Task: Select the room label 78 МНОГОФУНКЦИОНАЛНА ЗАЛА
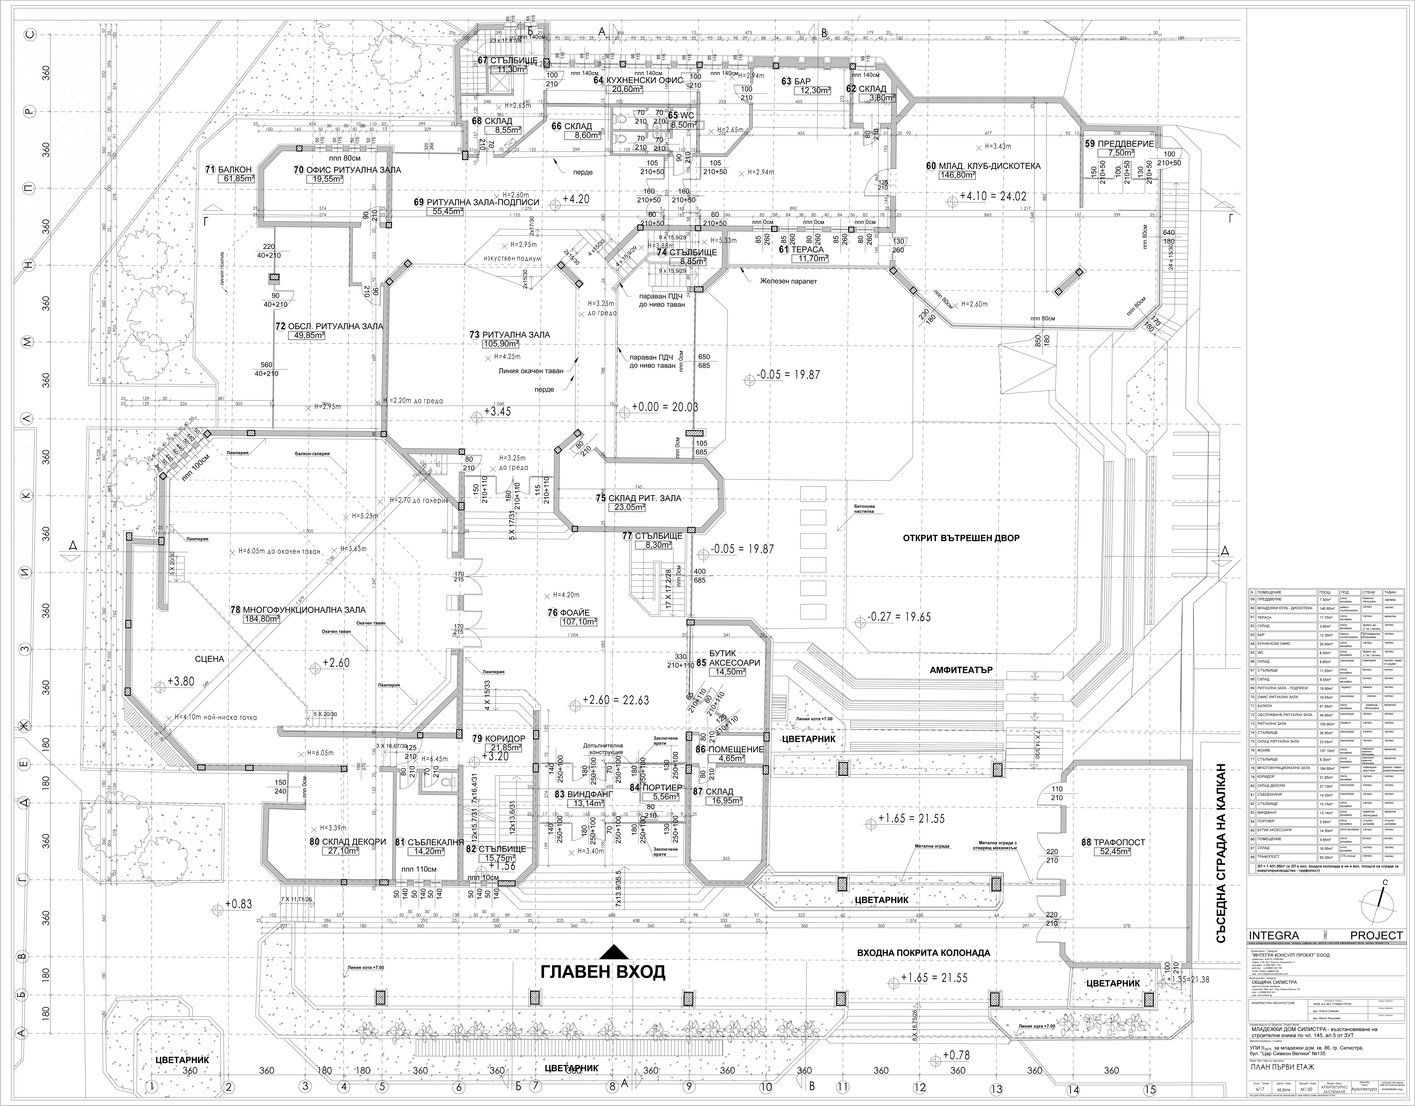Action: (x=298, y=610)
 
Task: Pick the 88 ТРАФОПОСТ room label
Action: (x=1113, y=842)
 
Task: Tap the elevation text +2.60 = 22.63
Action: (x=616, y=700)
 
